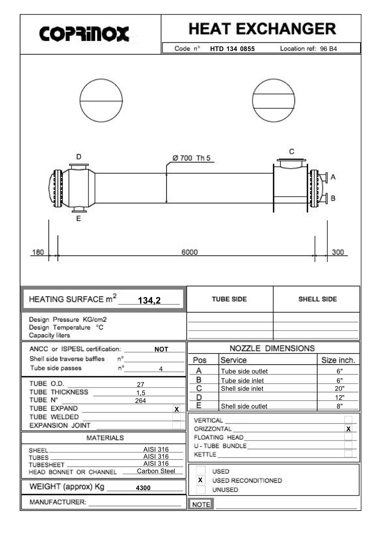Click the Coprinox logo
[x=84, y=34]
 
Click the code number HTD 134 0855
[x=232, y=49]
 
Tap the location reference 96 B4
[x=328, y=49]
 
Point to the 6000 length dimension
[x=189, y=252]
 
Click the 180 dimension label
[x=38, y=252]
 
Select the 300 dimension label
[x=338, y=252]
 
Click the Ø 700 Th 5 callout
[x=191, y=158]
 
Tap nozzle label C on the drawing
[x=292, y=152]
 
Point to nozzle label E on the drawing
[x=78, y=218]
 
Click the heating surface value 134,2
[x=149, y=300]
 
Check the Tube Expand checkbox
[x=176, y=409]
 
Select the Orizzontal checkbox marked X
[x=348, y=429]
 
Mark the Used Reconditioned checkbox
[x=200, y=480]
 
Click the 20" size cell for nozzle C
[x=339, y=388]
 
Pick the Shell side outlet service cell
[x=244, y=406]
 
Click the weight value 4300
[x=143, y=488]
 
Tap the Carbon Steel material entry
[x=156, y=471]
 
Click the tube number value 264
[x=140, y=401]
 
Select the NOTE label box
[x=201, y=504]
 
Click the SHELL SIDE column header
[x=317, y=299]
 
